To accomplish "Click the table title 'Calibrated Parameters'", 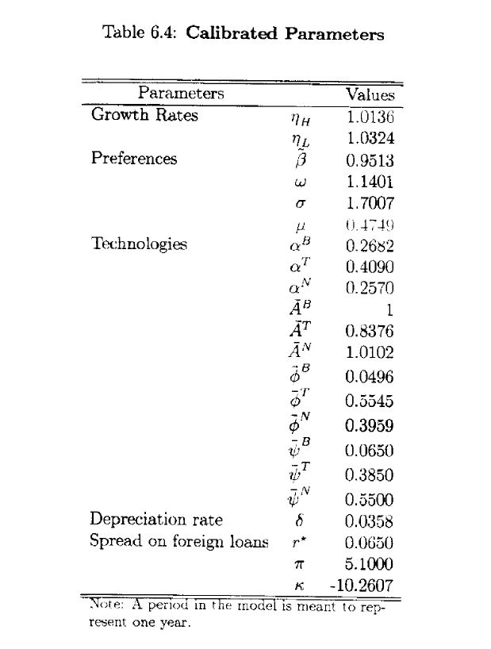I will pyautogui.click(x=285, y=34).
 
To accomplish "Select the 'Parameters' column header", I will pyautogui.click(x=181, y=94).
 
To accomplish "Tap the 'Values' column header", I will pyautogui.click(x=370, y=94).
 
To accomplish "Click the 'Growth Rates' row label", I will pyautogui.click(x=144, y=115).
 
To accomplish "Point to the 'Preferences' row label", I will pyautogui.click(x=133, y=158).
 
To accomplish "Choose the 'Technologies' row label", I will pyautogui.click(x=139, y=244).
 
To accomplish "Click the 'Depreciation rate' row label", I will pyautogui.click(x=155, y=520).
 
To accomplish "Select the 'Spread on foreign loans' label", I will pyautogui.click(x=178, y=543).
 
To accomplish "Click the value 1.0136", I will pyautogui.click(x=370, y=117).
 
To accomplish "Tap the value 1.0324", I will pyautogui.click(x=370, y=138).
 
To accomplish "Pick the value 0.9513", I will pyautogui.click(x=370, y=160).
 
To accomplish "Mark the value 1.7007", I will pyautogui.click(x=370, y=203).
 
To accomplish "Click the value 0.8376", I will pyautogui.click(x=370, y=331).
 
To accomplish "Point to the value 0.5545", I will pyautogui.click(x=370, y=401).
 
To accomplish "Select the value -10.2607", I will pyautogui.click(x=361, y=587).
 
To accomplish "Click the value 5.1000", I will pyautogui.click(x=370, y=565).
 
